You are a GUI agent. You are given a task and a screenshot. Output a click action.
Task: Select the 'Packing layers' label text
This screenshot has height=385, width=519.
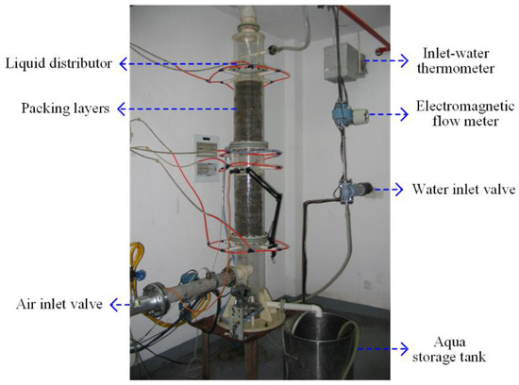pos(51,109)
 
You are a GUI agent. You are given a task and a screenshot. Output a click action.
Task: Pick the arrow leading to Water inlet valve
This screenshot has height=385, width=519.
pos(389,189)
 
